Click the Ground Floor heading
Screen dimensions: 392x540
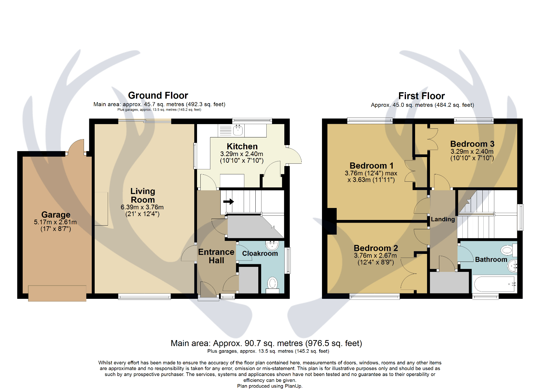click(158, 96)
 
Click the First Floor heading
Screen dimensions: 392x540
click(421, 96)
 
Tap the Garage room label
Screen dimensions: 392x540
click(56, 215)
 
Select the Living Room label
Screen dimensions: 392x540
click(143, 196)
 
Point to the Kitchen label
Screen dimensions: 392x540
click(242, 146)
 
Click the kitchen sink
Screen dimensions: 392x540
click(238, 130)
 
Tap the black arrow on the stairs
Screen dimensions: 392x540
click(229, 202)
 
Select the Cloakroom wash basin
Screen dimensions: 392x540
click(272, 246)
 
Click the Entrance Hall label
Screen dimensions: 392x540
click(216, 256)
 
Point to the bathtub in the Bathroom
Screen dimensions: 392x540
click(494, 284)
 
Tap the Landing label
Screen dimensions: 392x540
click(443, 219)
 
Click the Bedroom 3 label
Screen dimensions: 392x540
click(472, 144)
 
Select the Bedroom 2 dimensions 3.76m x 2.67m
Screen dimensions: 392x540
click(375, 256)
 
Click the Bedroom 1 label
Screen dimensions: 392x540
click(371, 166)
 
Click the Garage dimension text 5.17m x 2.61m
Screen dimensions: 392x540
click(55, 222)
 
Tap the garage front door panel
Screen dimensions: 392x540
click(57, 293)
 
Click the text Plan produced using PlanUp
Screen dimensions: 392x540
click(270, 386)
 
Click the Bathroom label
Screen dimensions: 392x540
click(491, 260)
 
